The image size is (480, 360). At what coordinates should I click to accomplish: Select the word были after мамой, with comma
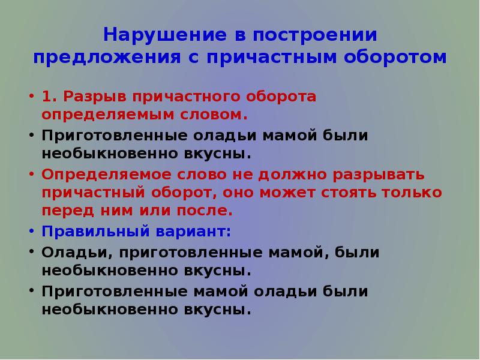[358, 253]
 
